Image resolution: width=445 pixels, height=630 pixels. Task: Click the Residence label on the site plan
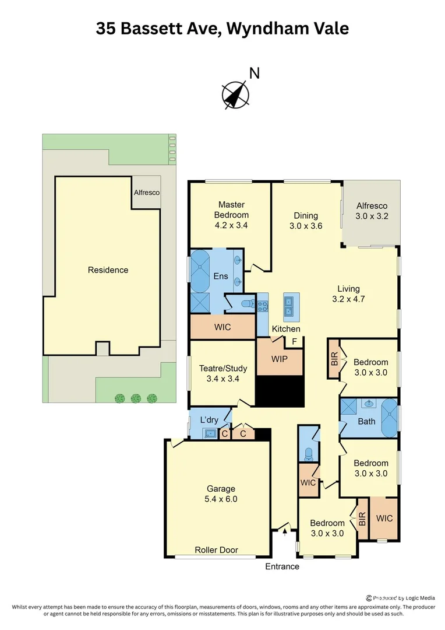coord(108,270)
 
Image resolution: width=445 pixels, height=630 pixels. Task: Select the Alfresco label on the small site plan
coord(146,192)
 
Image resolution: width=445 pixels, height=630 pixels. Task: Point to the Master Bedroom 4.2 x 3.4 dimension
coord(231,225)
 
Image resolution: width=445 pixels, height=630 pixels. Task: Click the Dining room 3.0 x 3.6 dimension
coord(306,226)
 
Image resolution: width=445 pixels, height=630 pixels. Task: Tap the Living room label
coord(348,288)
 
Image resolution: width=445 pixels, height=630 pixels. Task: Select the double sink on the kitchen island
coord(288,307)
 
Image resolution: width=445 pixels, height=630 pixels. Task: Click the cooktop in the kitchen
coord(263,307)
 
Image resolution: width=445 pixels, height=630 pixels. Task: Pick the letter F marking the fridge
coord(295,341)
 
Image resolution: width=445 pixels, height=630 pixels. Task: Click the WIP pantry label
coord(280,359)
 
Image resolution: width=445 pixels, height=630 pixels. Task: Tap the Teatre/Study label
coord(223,368)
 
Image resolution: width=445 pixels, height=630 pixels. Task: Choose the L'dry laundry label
coord(209,420)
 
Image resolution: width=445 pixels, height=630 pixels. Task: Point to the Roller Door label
coord(216,550)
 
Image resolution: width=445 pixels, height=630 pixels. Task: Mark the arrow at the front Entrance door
coord(284,529)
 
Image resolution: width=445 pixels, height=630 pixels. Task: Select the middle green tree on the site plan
coord(136,398)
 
